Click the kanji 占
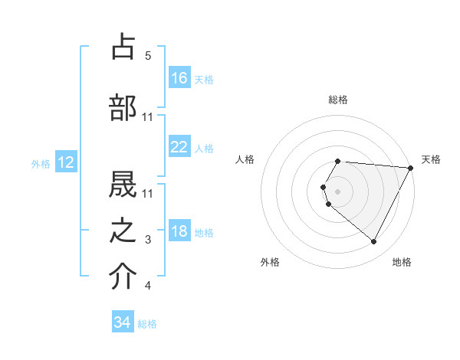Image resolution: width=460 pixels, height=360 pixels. (x=123, y=47)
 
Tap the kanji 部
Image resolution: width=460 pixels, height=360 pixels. (x=123, y=108)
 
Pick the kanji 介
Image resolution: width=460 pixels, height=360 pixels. (x=123, y=278)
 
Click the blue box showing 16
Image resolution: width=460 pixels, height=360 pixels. (x=179, y=77)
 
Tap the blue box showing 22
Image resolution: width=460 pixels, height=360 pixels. (x=179, y=147)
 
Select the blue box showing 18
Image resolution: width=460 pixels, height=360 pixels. (x=179, y=231)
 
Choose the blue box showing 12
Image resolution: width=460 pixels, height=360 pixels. (x=65, y=162)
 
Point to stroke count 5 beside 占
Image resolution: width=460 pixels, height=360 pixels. (x=148, y=55)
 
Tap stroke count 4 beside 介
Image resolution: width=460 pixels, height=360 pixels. (x=148, y=286)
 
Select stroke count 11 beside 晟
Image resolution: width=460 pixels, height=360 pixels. (x=148, y=191)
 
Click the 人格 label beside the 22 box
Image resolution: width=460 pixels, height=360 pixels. (x=204, y=148)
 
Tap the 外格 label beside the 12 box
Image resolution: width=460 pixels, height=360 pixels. (x=41, y=163)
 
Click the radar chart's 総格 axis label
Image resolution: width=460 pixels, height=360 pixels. (x=337, y=100)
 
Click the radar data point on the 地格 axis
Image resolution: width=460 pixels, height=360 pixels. (x=374, y=241)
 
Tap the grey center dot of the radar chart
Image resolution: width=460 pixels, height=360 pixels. (x=337, y=191)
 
